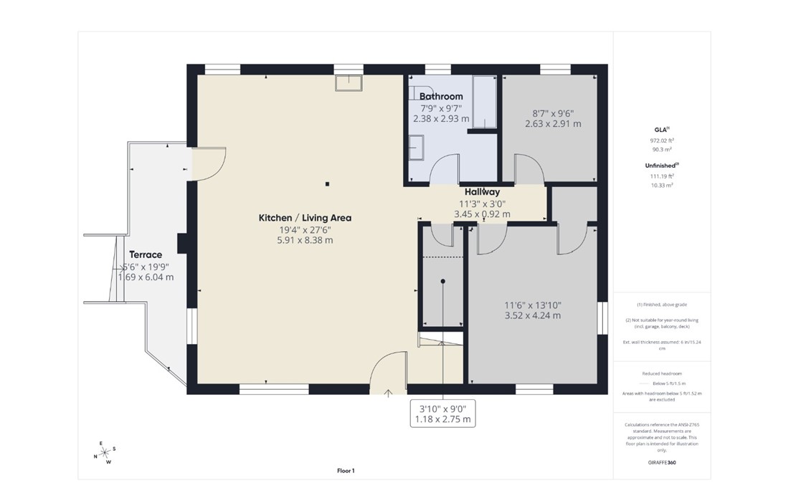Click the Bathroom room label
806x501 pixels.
point(441,96)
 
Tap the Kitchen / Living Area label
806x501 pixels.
point(305,218)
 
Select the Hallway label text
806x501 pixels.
point(482,192)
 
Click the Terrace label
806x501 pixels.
point(146,254)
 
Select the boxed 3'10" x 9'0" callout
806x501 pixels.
point(442,414)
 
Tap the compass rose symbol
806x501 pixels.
point(105,452)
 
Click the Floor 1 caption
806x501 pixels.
point(346,471)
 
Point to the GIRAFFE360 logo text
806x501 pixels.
point(661,462)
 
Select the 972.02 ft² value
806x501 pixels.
point(661,141)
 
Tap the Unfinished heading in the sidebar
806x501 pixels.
point(660,166)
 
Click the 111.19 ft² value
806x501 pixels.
point(661,176)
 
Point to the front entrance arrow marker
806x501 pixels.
point(389,392)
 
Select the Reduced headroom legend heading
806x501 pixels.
point(661,374)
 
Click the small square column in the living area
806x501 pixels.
point(328,184)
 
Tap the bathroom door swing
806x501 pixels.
point(445,170)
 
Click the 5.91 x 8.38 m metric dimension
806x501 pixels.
point(305,240)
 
